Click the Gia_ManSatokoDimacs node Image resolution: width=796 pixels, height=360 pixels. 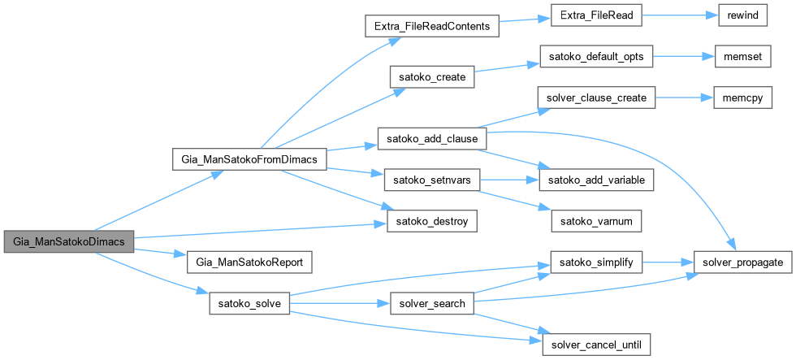coord(67,242)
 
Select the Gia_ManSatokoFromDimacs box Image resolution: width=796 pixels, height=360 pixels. coord(250,160)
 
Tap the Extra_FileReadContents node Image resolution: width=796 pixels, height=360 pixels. coord(430,27)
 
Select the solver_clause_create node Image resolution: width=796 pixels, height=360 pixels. coord(596,98)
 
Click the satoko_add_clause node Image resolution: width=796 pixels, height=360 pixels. coord(430,138)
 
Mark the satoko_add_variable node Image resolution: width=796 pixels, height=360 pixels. coord(596,179)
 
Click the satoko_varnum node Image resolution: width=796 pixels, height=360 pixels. coord(596,219)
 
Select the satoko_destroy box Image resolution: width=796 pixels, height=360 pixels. coord(430,219)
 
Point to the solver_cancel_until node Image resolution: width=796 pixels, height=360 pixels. coord(596,344)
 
